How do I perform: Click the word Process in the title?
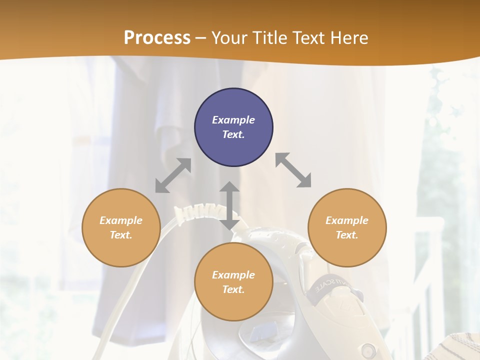click(x=157, y=38)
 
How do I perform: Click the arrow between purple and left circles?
click(x=173, y=175)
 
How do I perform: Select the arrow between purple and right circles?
click(x=293, y=170)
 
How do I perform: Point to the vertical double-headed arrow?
click(x=229, y=205)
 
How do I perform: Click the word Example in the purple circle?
click(x=233, y=120)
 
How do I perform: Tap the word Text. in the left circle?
click(x=121, y=235)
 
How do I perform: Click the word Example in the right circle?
click(x=347, y=220)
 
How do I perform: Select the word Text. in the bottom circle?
click(x=233, y=289)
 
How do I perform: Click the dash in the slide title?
click(x=201, y=38)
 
